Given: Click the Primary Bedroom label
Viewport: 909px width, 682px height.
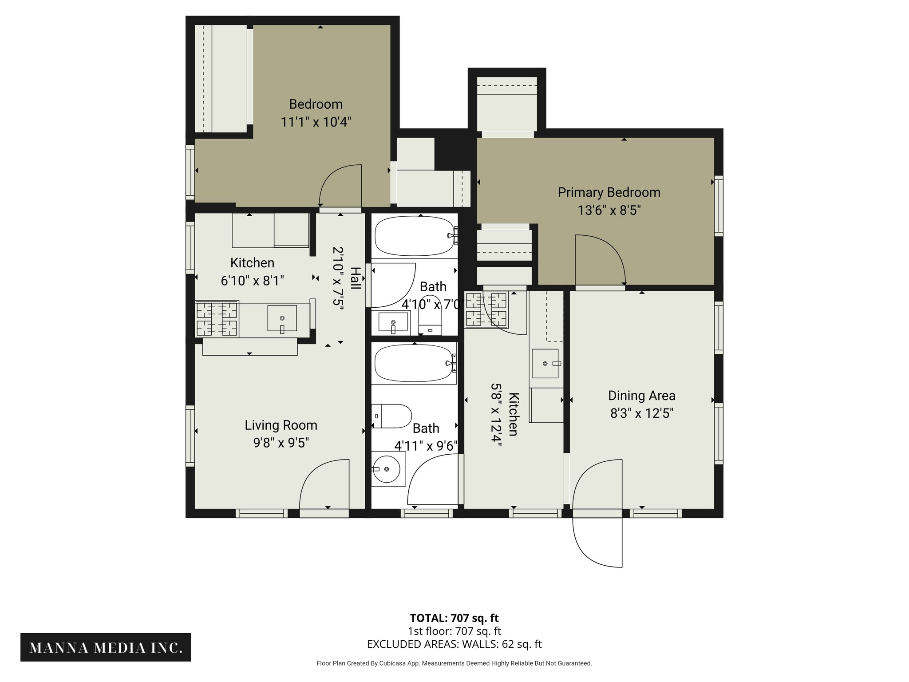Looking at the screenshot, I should tap(609, 192).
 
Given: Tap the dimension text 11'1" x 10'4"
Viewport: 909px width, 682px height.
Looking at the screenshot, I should tap(316, 122).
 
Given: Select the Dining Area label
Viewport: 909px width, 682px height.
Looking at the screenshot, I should tap(641, 395).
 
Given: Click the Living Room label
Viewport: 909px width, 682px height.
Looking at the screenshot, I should tap(281, 425).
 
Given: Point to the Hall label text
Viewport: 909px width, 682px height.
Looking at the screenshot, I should tap(355, 278).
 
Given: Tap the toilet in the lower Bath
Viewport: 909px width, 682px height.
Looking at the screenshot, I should tap(391, 416).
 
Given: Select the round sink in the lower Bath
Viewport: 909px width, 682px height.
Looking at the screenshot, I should tap(387, 469).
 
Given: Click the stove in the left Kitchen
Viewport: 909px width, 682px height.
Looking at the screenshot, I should tap(217, 319).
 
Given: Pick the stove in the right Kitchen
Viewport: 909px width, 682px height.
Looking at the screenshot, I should tap(486, 309).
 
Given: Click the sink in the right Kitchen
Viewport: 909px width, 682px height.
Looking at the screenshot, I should tap(545, 363).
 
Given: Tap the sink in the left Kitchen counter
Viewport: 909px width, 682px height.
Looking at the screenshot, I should tap(282, 318).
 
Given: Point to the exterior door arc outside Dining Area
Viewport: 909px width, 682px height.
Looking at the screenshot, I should tap(586, 551).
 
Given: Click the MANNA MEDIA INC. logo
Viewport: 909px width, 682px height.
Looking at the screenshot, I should tap(106, 647).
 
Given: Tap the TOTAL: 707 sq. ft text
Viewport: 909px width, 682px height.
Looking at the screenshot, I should tap(454, 618).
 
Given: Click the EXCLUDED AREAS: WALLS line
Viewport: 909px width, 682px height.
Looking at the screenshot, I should tap(454, 644).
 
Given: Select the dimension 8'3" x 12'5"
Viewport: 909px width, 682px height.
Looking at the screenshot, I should tap(641, 413).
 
